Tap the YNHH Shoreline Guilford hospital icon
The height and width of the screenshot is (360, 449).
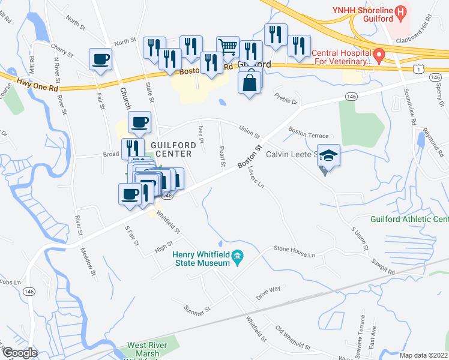tap(400, 10)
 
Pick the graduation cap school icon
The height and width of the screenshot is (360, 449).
tap(328, 155)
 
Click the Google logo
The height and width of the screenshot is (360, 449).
tap(19, 353)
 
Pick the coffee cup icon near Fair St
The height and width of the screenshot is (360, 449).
tap(100, 59)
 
